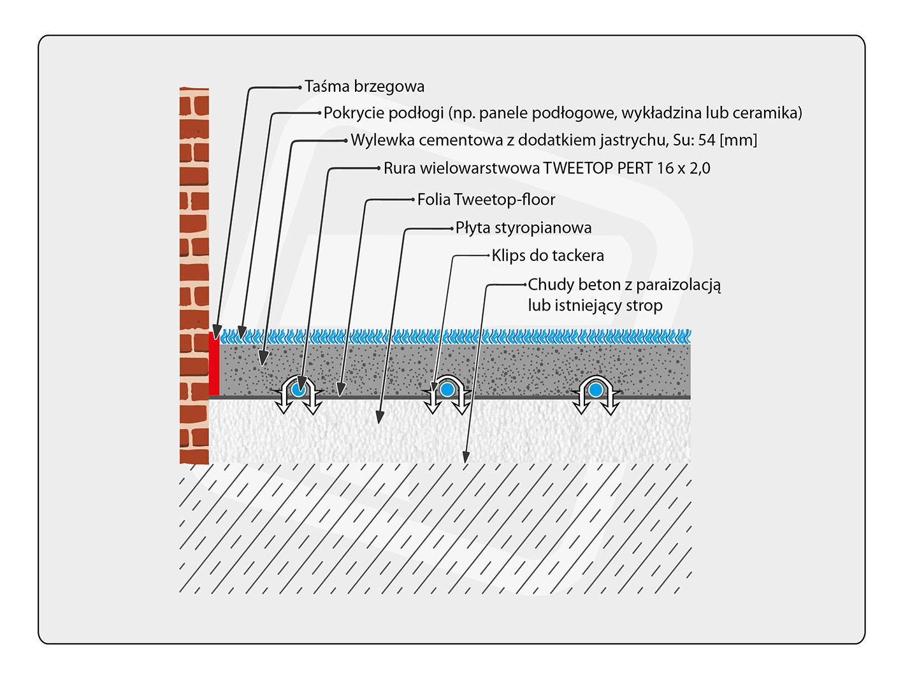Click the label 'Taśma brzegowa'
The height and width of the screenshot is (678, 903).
[x=364, y=87]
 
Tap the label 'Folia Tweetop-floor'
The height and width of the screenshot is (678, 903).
[x=486, y=200]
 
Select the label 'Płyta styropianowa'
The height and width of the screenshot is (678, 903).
[x=523, y=228]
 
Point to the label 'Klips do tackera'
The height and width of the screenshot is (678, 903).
[x=547, y=256]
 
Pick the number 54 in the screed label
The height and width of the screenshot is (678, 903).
[x=706, y=140]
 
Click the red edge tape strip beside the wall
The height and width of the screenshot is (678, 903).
[x=213, y=363]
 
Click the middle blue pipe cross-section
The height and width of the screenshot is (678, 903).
[x=447, y=390]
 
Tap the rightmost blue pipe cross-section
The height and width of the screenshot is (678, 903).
[x=595, y=390]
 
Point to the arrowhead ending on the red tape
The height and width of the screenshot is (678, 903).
[x=217, y=332]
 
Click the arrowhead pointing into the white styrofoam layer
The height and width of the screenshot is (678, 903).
[x=380, y=416]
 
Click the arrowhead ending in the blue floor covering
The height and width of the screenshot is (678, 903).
[x=242, y=332]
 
